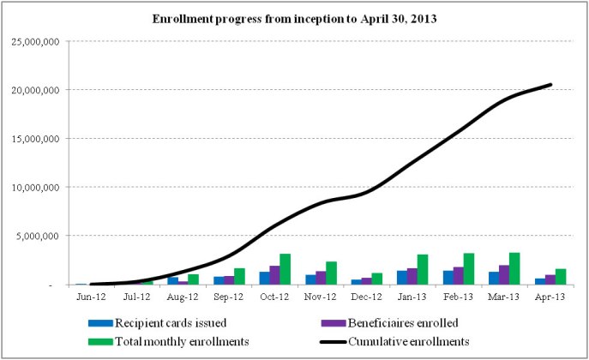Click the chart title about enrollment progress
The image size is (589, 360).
[x=294, y=18]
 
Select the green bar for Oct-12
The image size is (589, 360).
[x=285, y=269]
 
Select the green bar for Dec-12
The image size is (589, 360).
[x=376, y=279]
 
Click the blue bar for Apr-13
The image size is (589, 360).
[x=540, y=281]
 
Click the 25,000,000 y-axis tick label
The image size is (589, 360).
[x=34, y=41]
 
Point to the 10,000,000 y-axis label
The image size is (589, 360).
[x=34, y=187]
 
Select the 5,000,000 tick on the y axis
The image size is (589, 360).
[x=37, y=236]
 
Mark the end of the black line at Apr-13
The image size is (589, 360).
[x=550, y=84]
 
